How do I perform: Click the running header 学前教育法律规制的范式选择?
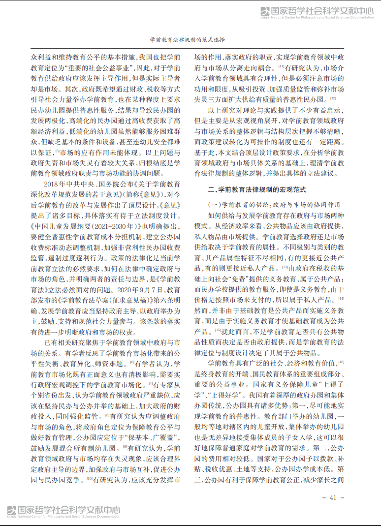pos(190,41)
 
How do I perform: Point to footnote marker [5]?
pos(57,151)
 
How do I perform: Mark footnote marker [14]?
pos(341,298)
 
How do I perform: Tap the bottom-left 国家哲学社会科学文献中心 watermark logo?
pos(64,512)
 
